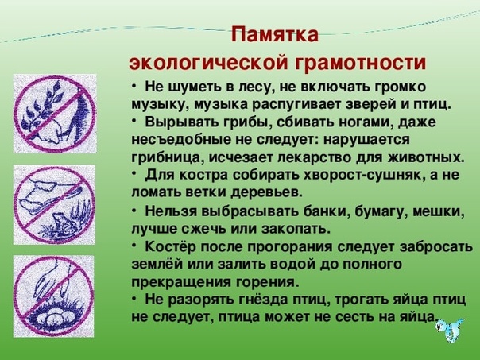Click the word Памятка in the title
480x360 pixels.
coord(275,34)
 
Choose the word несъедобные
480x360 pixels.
coord(180,140)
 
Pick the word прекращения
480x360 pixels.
coord(181,282)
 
